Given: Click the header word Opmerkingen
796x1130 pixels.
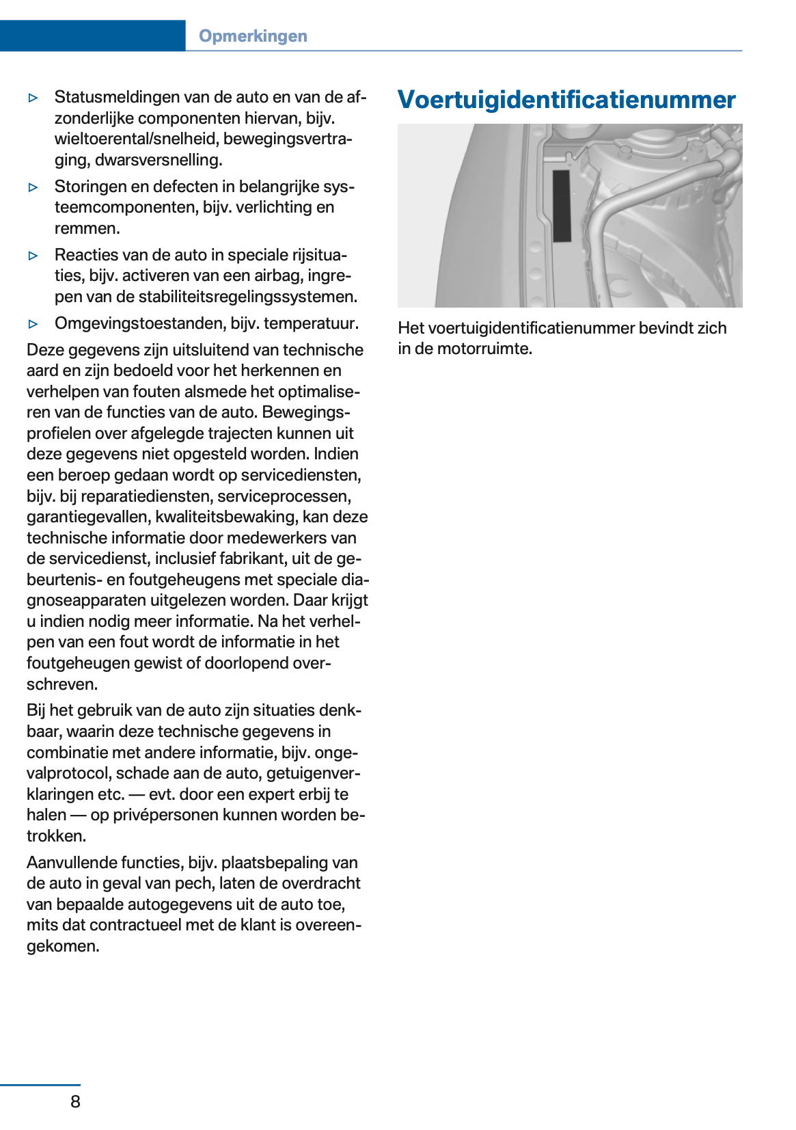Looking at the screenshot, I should (253, 36).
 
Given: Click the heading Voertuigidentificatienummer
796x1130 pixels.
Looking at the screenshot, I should (566, 100).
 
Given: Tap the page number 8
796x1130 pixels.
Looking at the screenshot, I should (75, 1101).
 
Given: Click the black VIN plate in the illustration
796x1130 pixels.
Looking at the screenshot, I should (562, 206).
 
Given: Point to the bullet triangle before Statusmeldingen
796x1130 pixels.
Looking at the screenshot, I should (33, 98).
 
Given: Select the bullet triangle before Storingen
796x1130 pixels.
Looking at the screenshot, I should (33, 187).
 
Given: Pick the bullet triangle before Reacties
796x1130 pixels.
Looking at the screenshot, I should (33, 256).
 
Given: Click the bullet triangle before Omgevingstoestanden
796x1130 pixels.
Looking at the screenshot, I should (33, 324).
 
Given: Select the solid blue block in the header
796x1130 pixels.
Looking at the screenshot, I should (92, 36).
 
